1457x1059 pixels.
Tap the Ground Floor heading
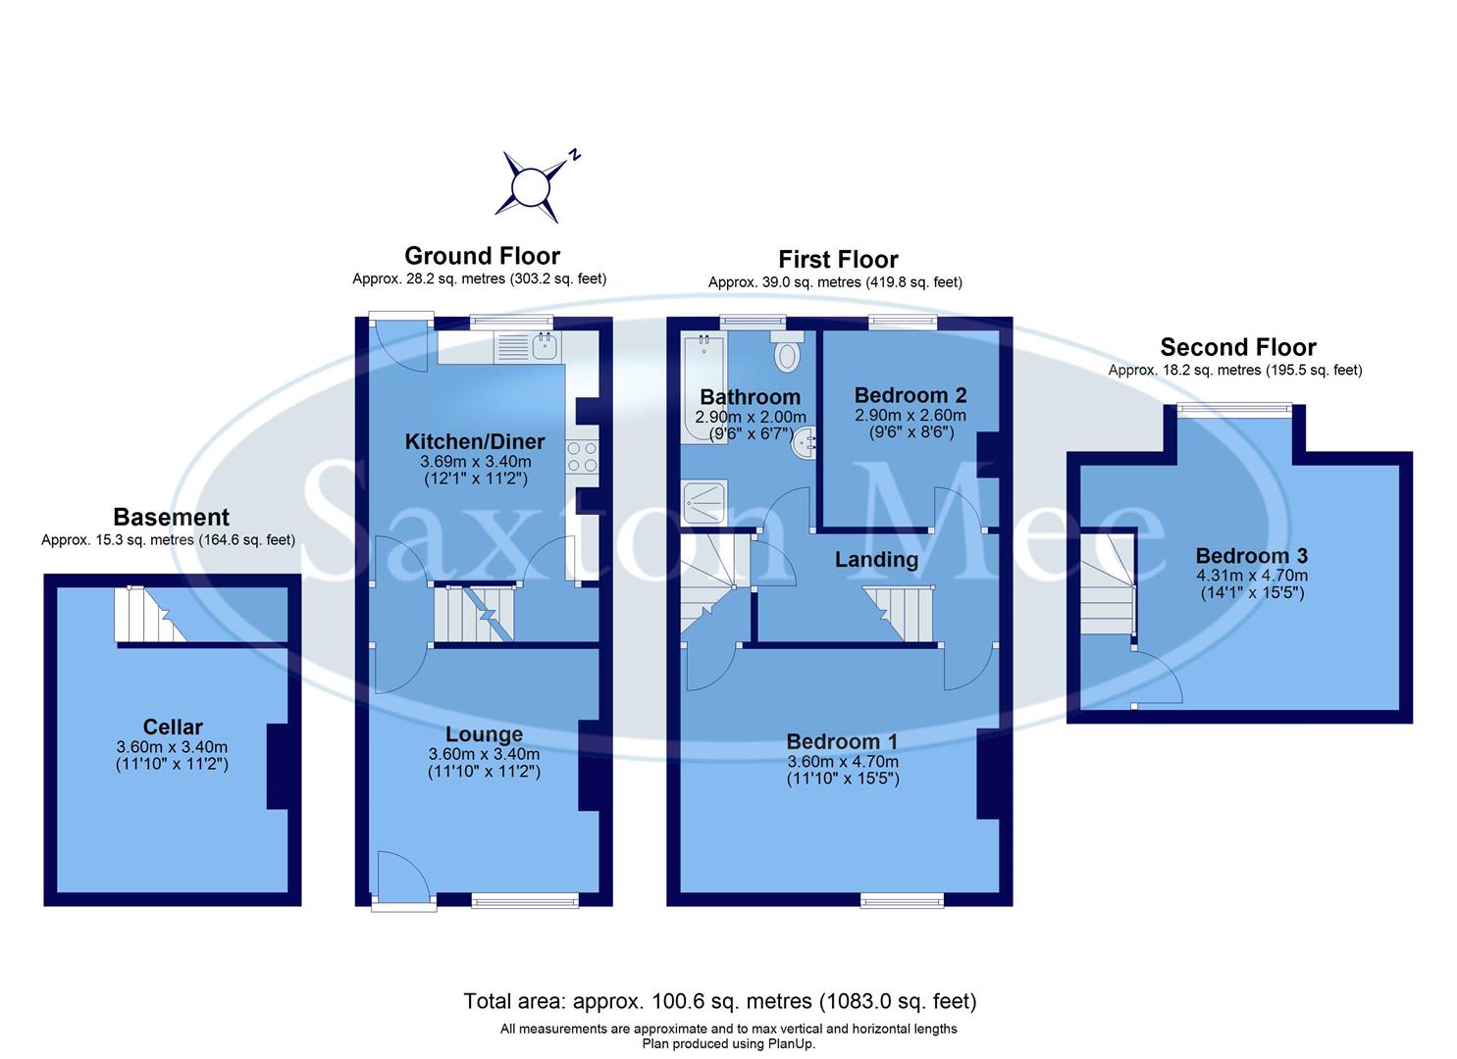click(482, 256)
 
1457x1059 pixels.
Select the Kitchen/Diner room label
click(476, 441)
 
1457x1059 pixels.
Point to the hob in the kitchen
click(581, 457)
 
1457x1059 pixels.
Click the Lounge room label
click(484, 734)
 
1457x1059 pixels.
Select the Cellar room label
click(173, 727)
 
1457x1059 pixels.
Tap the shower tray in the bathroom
click(704, 502)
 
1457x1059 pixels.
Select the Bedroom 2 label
click(911, 395)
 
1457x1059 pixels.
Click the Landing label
click(876, 560)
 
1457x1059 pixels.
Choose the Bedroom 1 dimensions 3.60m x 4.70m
click(843, 761)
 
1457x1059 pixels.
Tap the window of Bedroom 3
click(1235, 409)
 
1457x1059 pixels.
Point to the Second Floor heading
click(1238, 347)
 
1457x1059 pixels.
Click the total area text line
click(720, 1001)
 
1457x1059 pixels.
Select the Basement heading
click(171, 518)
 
